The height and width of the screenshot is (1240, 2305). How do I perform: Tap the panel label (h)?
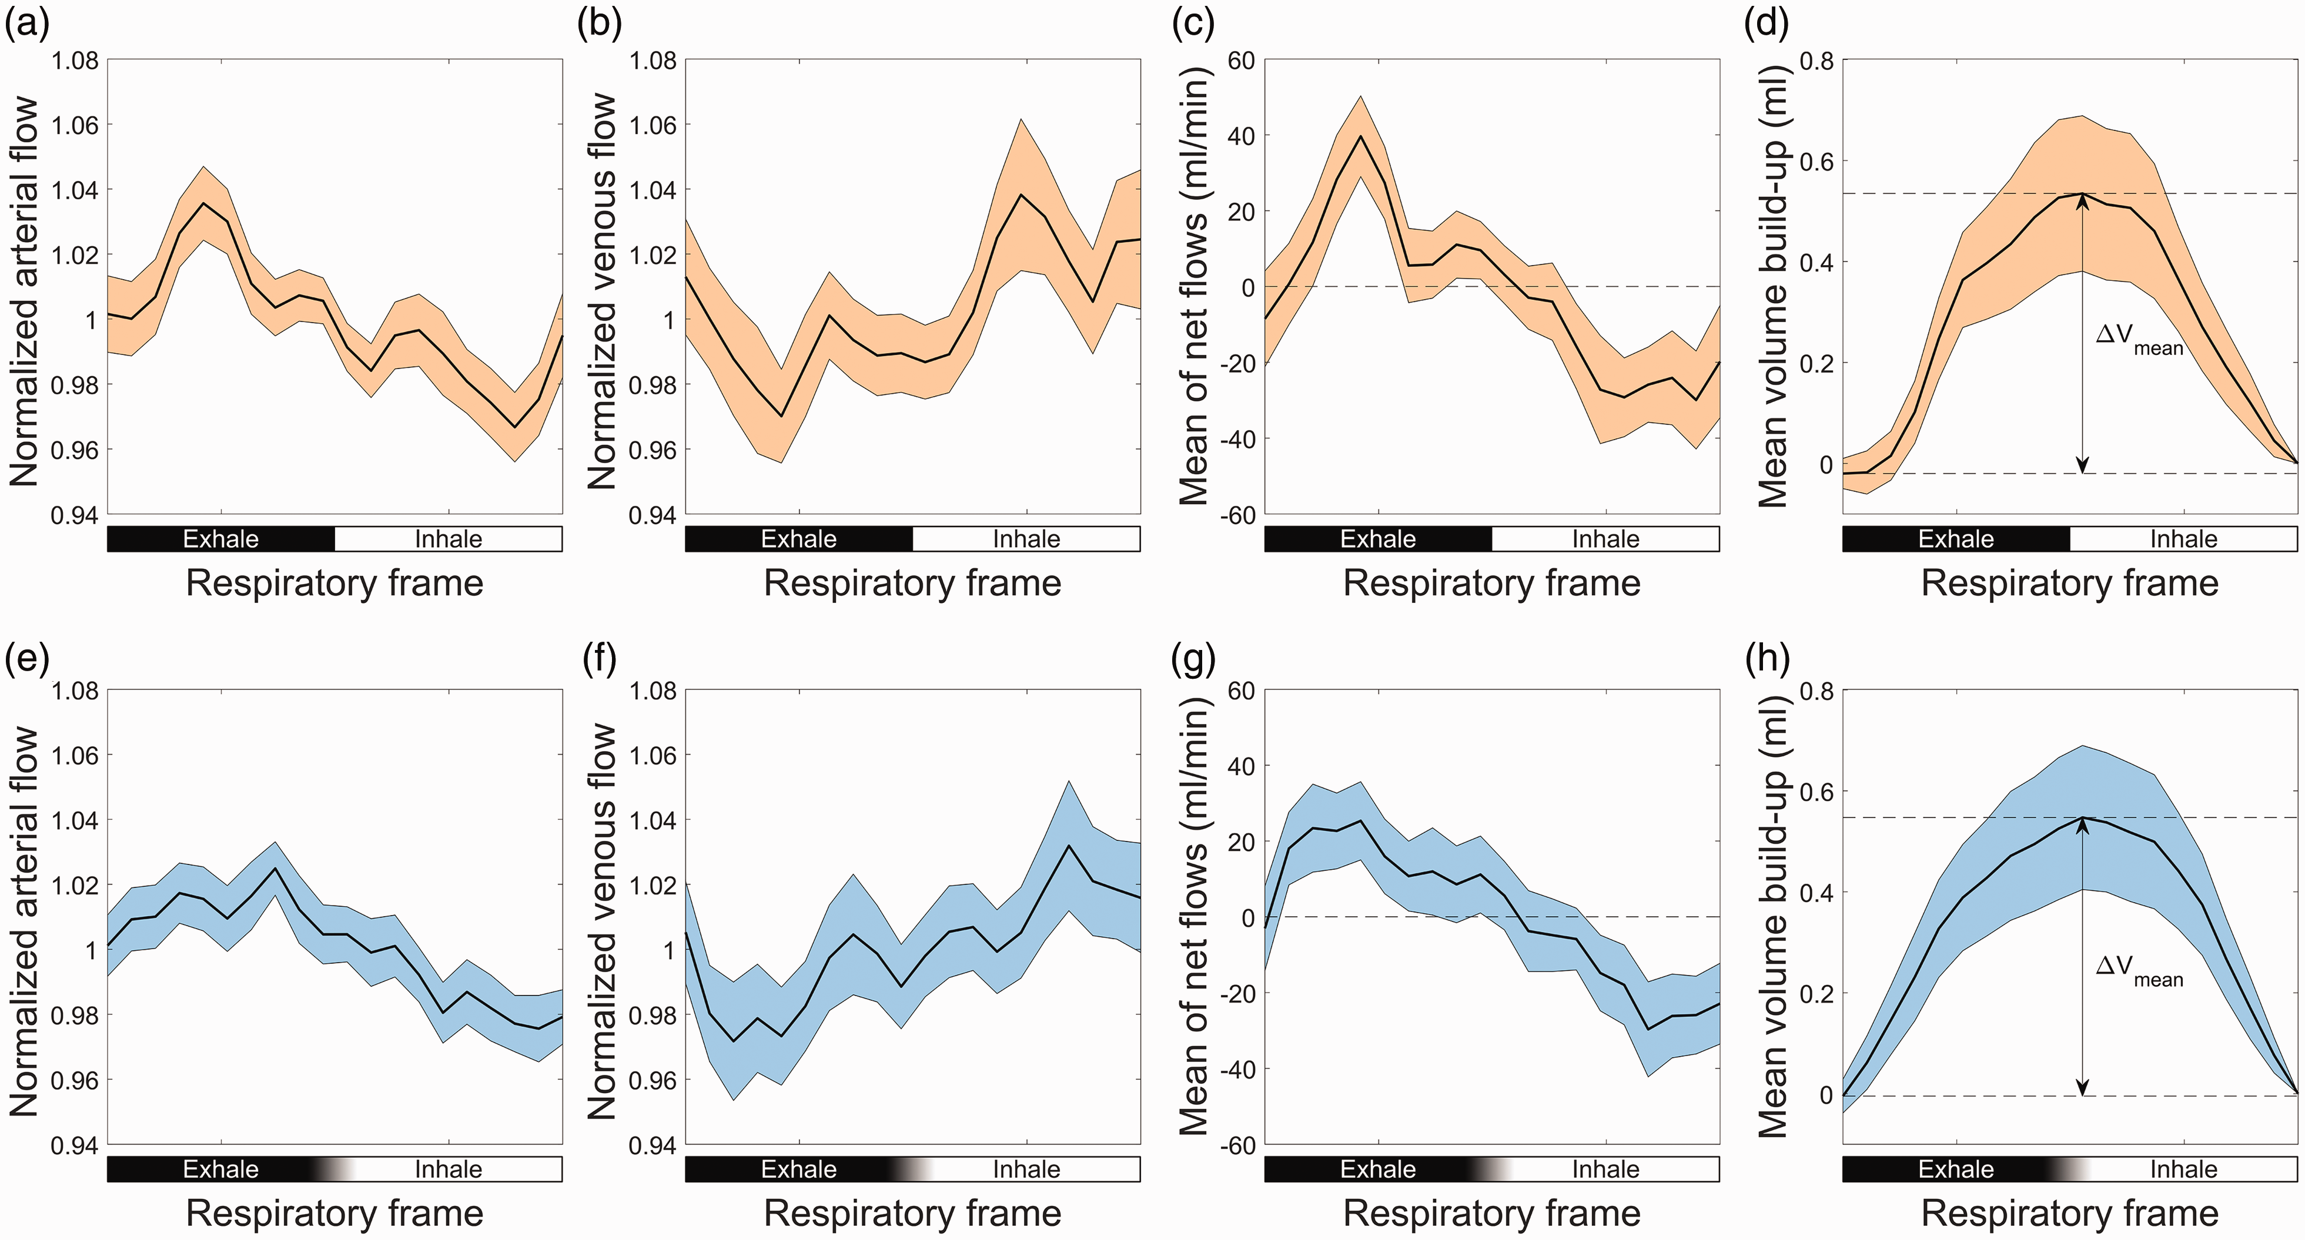tap(1768, 658)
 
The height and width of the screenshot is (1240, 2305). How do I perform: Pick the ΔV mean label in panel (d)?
tap(2139, 340)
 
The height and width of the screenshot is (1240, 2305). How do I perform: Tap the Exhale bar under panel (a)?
tap(221, 538)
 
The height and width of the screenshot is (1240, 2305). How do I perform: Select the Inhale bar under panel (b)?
tap(1026, 538)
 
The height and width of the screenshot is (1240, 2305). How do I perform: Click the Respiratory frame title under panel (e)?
tap(334, 1213)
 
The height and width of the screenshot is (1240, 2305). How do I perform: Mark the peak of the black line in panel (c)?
tap(1361, 136)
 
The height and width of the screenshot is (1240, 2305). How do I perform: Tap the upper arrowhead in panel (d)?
tap(2082, 200)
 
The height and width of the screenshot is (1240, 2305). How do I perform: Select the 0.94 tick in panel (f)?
tap(653, 1146)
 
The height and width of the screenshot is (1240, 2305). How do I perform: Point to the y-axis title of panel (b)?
tap(603, 291)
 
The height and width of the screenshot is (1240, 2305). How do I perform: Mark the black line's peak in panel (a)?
tap(204, 203)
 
